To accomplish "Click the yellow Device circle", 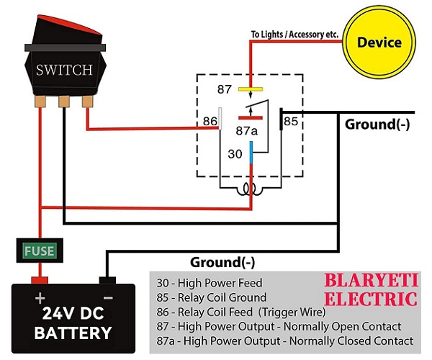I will tap(379, 42).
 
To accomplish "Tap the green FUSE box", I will tap(39, 251).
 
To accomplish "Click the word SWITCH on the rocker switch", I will tap(64, 70).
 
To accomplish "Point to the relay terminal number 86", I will tap(210, 121).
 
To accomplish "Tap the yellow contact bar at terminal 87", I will tap(250, 90).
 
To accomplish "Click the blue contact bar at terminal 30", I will tap(251, 153).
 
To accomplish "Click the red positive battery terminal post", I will tap(39, 279).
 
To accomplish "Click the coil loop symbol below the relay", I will tap(250, 190).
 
